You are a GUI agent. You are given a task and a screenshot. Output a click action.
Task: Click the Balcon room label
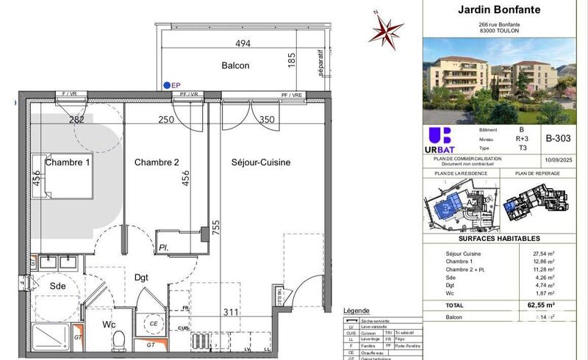236,65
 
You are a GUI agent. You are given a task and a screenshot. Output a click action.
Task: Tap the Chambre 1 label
68,162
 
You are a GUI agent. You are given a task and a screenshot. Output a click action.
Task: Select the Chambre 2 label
157,162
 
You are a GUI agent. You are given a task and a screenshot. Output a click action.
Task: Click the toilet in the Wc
119,339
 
